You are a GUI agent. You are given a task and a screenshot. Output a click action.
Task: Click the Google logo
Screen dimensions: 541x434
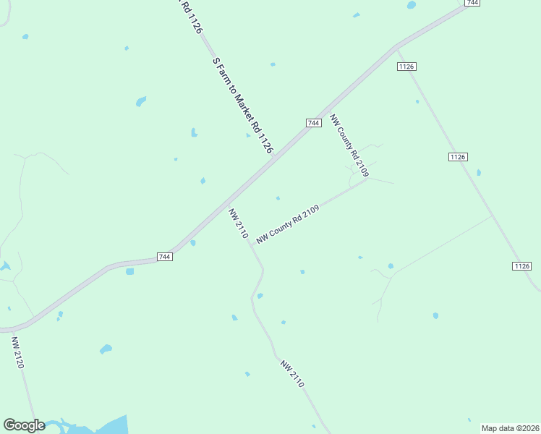pos(24,425)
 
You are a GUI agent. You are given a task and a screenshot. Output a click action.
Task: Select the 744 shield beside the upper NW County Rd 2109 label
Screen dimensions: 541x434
pos(313,123)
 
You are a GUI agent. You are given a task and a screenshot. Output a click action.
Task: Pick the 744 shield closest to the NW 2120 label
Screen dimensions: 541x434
pos(165,257)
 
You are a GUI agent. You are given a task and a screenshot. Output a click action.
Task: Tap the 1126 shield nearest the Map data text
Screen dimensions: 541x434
pos(522,266)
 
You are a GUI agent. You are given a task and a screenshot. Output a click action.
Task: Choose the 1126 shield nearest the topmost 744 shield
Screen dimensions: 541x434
pos(406,67)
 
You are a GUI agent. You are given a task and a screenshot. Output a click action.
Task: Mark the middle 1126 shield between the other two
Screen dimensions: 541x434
pos(458,157)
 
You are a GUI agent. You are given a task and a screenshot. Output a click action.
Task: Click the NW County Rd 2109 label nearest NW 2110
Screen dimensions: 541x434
pos(288,224)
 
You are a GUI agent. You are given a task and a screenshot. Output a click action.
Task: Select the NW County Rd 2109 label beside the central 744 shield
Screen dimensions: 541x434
pos(349,145)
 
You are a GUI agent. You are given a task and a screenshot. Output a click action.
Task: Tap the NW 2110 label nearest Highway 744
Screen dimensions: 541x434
pos(239,224)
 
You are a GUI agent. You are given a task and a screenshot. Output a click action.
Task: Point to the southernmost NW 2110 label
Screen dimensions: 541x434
pos(292,374)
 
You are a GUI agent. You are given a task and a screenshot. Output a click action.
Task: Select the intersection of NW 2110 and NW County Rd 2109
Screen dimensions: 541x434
pos(251,244)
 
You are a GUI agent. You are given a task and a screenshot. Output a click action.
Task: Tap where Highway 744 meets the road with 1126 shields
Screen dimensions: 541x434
pos(396,48)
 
